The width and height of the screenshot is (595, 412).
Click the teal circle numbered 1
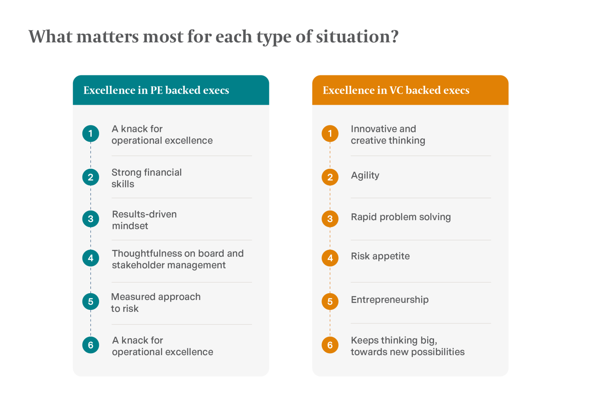tap(90, 133)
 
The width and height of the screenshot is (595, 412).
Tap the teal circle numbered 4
tap(90, 258)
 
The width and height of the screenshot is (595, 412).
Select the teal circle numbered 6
tap(90, 345)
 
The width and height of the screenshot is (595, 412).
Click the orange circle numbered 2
tap(330, 177)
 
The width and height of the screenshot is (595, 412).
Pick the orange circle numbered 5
tap(330, 302)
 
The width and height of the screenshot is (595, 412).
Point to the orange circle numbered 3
tap(330, 219)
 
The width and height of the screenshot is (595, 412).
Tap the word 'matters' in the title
tap(107, 37)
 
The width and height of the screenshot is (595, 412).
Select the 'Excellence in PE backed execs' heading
tap(156, 90)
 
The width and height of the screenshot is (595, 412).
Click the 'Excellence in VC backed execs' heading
tap(396, 90)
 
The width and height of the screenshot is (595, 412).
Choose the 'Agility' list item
tap(365, 176)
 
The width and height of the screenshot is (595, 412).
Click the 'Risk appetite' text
tap(380, 256)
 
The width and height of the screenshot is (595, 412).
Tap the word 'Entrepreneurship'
tap(390, 300)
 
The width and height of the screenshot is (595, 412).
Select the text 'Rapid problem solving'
tap(401, 217)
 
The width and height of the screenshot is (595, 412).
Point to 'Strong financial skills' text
tap(146, 178)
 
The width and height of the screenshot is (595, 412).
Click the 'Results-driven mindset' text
tap(144, 220)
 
